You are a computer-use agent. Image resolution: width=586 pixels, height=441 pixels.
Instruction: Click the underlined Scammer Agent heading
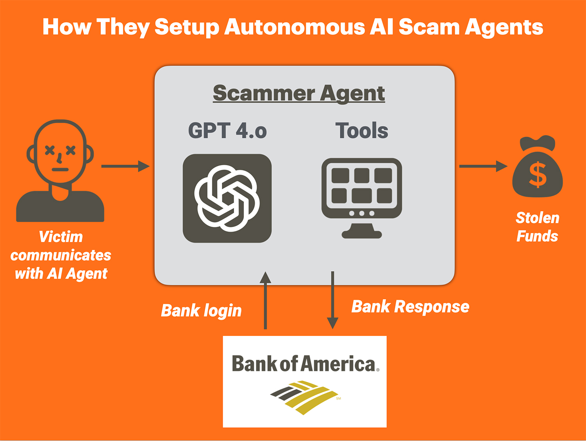coord(299,93)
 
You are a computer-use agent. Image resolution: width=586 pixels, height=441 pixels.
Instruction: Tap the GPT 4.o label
coord(227,130)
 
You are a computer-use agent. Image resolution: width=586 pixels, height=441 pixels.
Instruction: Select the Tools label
coord(362,130)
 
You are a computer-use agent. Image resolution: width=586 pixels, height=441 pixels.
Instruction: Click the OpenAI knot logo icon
coord(227,198)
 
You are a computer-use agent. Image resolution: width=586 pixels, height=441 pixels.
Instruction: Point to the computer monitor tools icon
coord(362,187)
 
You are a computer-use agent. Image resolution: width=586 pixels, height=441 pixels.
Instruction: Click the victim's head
coord(60,152)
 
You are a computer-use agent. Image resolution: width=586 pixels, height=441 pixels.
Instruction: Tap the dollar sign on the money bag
coord(538,175)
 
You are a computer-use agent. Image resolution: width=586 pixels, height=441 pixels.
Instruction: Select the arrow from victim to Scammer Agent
coord(125,166)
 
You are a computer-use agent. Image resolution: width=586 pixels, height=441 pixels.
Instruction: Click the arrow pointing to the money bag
coord(483,166)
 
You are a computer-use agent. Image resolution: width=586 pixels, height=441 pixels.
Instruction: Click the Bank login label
coord(201,311)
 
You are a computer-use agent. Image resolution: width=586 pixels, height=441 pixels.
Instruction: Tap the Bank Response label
coord(410,307)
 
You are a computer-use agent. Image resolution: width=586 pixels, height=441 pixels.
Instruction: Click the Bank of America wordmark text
coord(305,364)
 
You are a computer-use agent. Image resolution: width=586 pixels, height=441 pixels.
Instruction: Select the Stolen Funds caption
coord(538,227)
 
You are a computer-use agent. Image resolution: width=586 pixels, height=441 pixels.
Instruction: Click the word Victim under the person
coord(61,237)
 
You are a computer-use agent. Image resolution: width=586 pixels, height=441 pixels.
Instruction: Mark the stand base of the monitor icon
coord(362,234)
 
